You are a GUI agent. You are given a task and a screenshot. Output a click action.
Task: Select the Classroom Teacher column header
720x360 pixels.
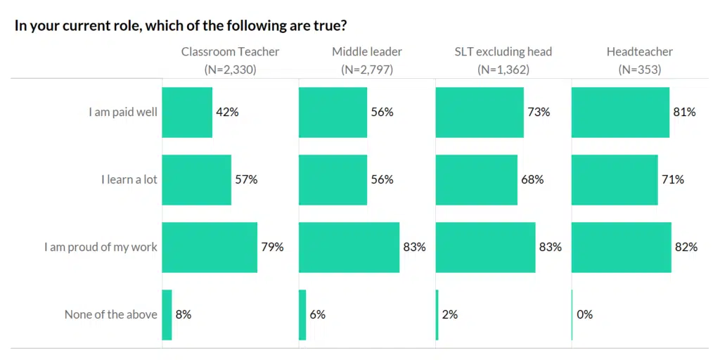click(230, 51)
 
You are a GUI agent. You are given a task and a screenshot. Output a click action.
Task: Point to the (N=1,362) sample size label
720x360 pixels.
click(503, 70)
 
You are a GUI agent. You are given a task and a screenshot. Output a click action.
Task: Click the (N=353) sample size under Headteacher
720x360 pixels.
click(639, 70)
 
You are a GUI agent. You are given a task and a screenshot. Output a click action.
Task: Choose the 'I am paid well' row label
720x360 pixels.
click(122, 112)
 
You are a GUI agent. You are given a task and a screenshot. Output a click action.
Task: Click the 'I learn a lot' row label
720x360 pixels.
click(129, 179)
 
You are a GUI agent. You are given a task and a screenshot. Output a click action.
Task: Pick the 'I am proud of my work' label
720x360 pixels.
click(101, 247)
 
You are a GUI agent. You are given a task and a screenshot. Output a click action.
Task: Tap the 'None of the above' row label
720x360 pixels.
click(110, 314)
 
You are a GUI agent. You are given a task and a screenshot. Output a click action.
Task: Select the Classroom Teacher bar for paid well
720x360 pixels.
click(187, 112)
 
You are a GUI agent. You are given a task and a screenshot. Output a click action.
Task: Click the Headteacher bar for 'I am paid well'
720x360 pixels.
click(620, 112)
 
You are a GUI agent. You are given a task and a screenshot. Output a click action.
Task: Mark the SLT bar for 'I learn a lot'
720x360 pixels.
click(477, 179)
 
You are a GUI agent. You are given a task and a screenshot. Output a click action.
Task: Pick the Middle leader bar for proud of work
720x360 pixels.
click(349, 247)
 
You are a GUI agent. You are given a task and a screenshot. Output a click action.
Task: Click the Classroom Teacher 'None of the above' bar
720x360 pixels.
click(167, 314)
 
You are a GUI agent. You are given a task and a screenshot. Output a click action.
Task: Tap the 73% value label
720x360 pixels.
click(539, 112)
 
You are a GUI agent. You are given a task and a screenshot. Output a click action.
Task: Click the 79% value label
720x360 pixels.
click(272, 247)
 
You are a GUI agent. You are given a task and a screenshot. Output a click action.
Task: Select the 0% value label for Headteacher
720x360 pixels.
click(584, 314)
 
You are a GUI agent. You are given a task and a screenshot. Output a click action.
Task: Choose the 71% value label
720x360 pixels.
click(672, 179)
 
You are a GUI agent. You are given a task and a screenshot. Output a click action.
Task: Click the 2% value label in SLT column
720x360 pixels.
click(449, 314)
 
